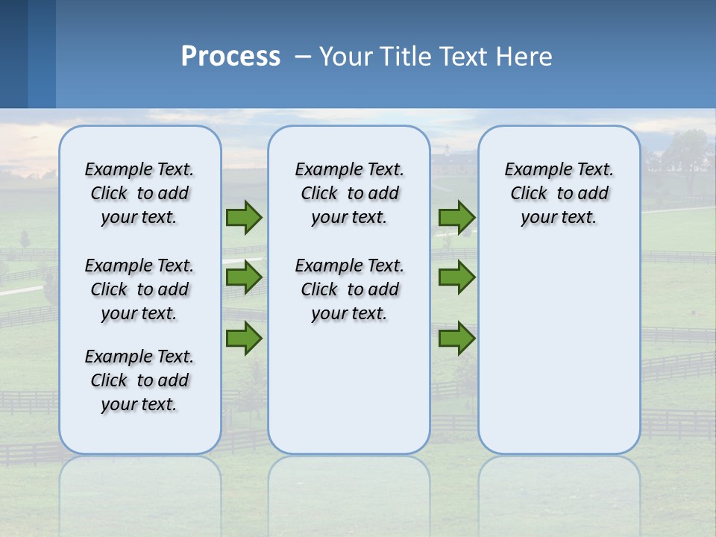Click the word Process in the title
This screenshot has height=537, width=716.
click(x=230, y=56)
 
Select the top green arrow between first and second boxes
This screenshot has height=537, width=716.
click(x=244, y=217)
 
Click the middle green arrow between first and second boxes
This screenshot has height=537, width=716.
click(x=244, y=277)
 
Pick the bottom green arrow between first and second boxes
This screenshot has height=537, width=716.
click(x=244, y=338)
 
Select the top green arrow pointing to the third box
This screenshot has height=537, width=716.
click(x=456, y=217)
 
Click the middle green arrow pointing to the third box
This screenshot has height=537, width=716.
click(x=456, y=277)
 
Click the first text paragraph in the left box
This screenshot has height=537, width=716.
click(x=139, y=193)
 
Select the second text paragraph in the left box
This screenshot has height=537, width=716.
click(x=139, y=289)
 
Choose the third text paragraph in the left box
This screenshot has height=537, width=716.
click(x=139, y=380)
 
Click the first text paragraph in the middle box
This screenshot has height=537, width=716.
click(x=349, y=193)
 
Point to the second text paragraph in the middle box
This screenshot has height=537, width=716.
click(x=349, y=289)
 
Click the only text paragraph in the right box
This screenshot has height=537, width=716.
click(x=559, y=193)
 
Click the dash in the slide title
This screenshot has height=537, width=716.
click(x=303, y=57)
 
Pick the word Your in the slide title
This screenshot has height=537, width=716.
click(x=345, y=56)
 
